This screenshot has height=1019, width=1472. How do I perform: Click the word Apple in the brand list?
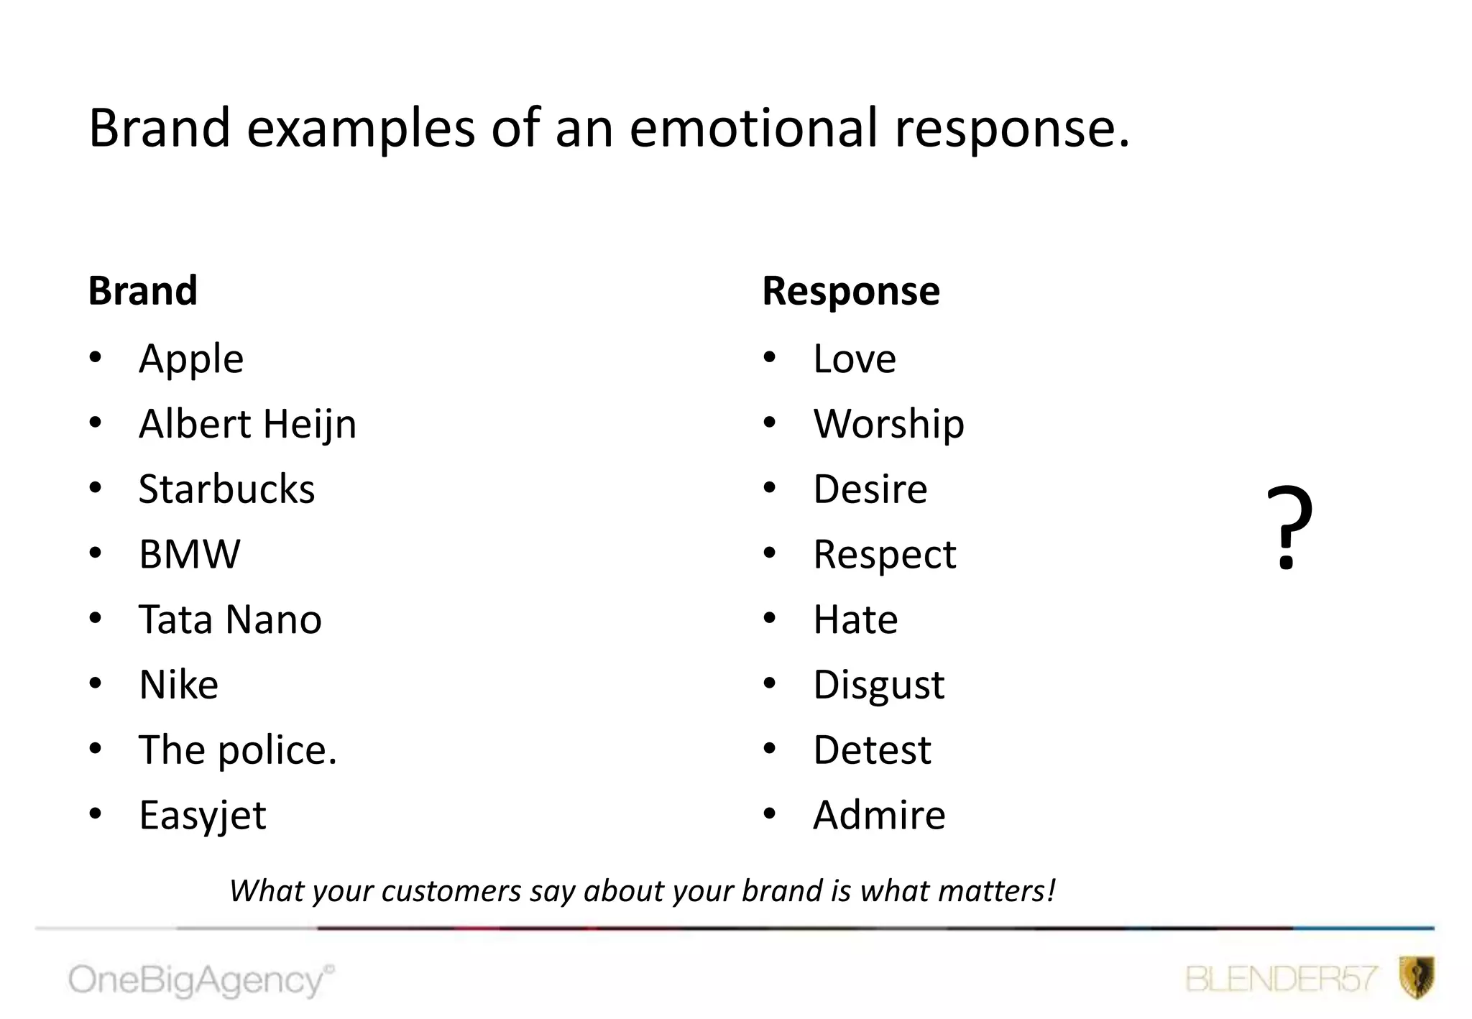191,359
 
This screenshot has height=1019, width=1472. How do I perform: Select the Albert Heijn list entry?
247,424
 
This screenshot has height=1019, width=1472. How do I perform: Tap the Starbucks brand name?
226,489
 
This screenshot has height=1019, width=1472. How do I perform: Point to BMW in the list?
190,554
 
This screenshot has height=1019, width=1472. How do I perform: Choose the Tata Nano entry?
230,619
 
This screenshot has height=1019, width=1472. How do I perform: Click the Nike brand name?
178,685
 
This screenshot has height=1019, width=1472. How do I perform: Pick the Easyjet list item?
202,816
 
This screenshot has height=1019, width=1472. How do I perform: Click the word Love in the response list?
855,359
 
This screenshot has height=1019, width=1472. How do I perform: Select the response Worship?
888,424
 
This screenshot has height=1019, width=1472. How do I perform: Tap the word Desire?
870,489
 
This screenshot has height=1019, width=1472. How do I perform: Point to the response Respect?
885,555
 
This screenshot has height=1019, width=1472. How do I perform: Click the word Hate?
855,619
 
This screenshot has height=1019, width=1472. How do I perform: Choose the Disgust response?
879,685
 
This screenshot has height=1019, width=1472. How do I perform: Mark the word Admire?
879,816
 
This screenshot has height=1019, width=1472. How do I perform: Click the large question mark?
1289,528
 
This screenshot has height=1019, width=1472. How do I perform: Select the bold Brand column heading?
142,291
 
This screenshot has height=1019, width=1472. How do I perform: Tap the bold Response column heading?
851,291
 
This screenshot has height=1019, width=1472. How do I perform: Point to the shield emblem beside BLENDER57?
1417,977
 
